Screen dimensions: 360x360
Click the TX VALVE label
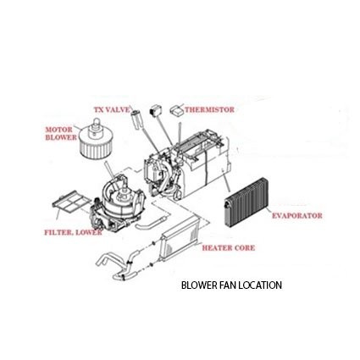[113, 109]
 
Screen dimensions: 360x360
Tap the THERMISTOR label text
[209, 109]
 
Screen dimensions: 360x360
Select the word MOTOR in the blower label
[59, 130]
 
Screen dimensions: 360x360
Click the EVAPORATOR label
[296, 216]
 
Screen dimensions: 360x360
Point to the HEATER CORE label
[229, 248]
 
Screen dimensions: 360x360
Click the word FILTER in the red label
[57, 232]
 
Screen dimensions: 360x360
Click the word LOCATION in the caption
[260, 285]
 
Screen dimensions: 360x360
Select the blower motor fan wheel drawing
[92, 139]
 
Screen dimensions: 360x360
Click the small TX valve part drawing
[136, 119]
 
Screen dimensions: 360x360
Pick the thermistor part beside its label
[177, 110]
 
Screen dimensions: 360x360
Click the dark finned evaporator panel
[246, 202]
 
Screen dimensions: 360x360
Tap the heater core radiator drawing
[180, 239]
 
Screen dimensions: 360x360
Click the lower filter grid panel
[72, 202]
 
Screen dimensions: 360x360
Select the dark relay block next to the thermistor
[154, 110]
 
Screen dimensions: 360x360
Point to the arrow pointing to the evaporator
[226, 180]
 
